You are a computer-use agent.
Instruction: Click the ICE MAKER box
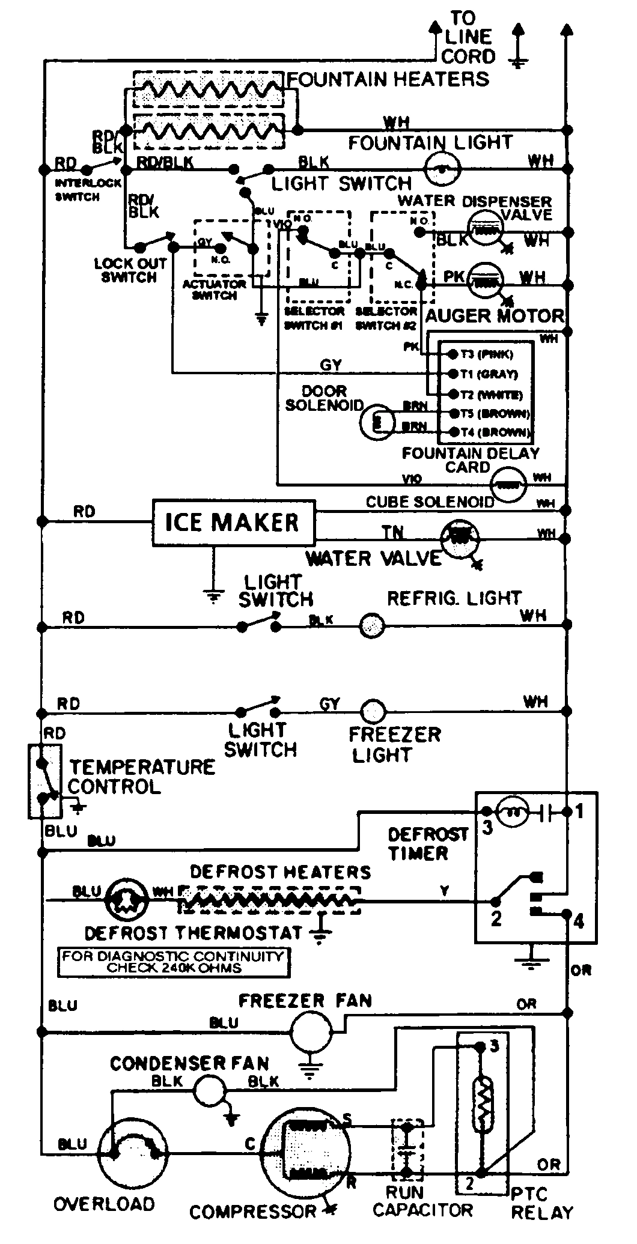click(232, 522)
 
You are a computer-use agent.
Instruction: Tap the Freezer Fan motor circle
click(311, 1031)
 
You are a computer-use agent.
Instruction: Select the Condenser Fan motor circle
click(207, 1090)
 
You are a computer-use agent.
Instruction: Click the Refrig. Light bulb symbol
click(371, 627)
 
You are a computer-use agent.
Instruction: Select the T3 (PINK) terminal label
click(487, 354)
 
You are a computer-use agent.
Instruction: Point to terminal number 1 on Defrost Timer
click(579, 812)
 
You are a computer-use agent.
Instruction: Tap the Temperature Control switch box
click(45, 781)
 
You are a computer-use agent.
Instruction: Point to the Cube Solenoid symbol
click(508, 485)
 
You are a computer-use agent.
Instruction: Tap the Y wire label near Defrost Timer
click(444, 891)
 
